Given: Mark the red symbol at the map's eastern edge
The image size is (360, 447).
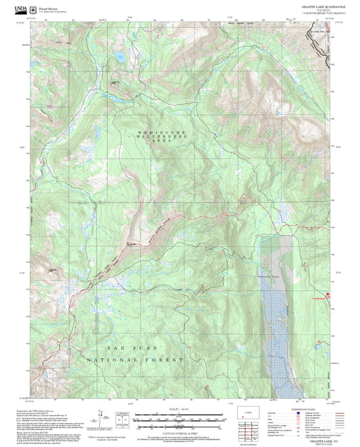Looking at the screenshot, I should click(x=329, y=294).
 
